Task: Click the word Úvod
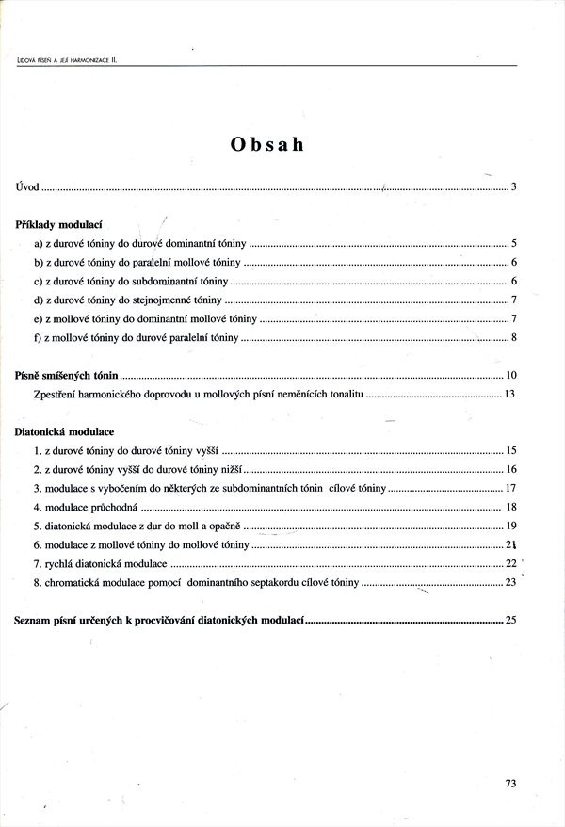(x=27, y=186)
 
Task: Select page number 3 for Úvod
(x=514, y=186)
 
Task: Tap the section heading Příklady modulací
(x=59, y=225)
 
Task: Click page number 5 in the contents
(x=514, y=243)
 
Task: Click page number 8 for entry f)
(x=514, y=337)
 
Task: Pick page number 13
(x=509, y=393)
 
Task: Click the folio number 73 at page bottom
(x=510, y=782)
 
